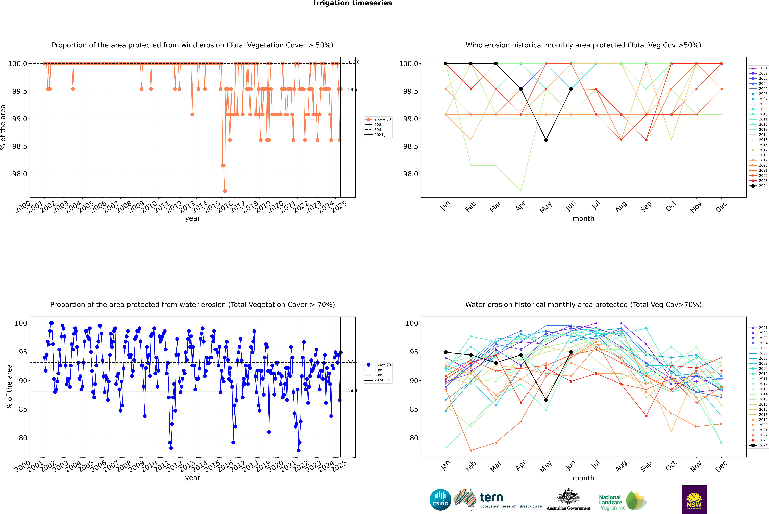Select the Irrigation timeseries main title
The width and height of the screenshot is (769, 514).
click(x=352, y=3)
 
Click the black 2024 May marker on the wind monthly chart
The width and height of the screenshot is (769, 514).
click(x=546, y=140)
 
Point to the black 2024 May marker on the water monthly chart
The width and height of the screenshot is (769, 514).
click(x=546, y=400)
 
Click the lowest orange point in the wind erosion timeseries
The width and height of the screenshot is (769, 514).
click(x=225, y=191)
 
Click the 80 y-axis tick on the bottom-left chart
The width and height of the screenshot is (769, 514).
click(x=23, y=438)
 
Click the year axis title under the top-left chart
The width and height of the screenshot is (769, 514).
click(x=192, y=218)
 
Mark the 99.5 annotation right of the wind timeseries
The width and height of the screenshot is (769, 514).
click(x=352, y=89)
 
